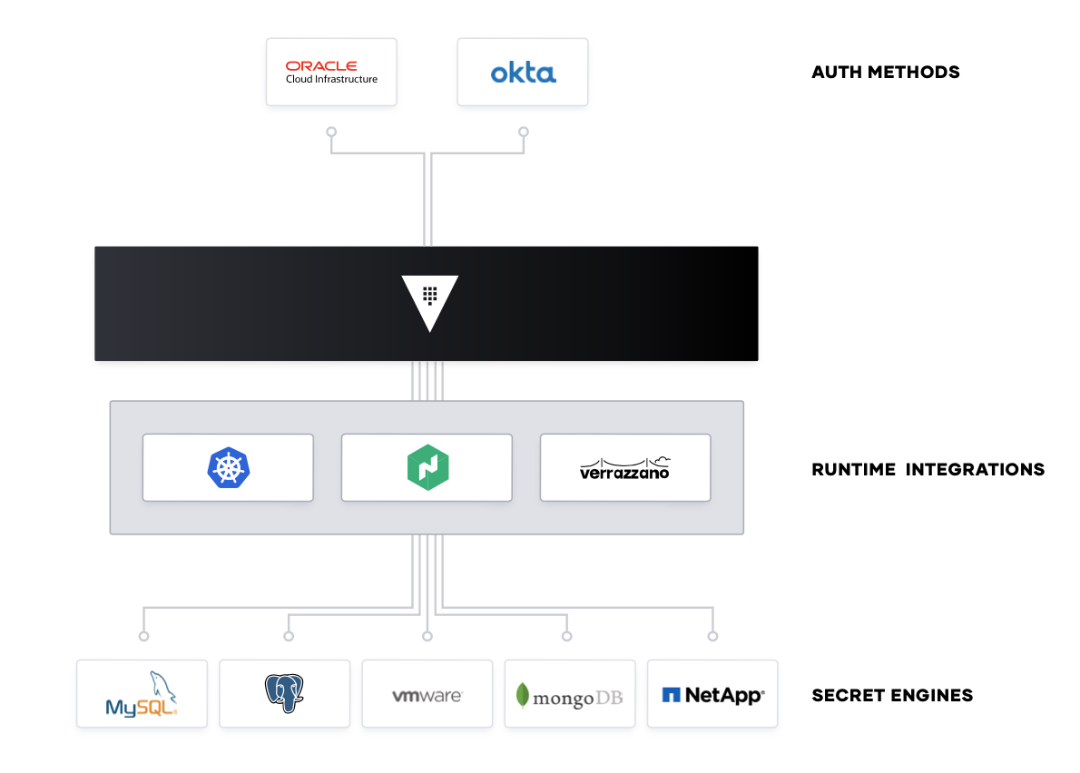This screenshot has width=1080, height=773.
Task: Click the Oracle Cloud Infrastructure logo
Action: (x=331, y=72)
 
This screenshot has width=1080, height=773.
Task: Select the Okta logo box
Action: (x=523, y=72)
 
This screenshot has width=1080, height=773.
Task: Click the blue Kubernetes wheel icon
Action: (x=227, y=467)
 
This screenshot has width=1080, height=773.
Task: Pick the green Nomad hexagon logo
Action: (x=427, y=467)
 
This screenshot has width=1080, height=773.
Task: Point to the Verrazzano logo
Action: (x=625, y=467)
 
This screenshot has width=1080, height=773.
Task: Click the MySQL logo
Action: (x=142, y=695)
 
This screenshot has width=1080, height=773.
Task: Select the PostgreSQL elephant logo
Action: (x=284, y=694)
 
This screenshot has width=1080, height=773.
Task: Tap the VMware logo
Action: (x=427, y=696)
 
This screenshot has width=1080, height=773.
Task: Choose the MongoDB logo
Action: (x=570, y=696)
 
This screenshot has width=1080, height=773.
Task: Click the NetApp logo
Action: (x=712, y=695)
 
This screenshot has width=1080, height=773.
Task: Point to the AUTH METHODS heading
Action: (x=885, y=72)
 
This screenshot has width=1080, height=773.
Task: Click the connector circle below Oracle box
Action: (x=331, y=132)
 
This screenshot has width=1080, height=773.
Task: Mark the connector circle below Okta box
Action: (x=523, y=132)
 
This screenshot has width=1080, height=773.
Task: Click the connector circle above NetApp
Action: (x=712, y=636)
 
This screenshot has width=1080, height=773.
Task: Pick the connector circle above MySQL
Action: (x=142, y=636)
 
